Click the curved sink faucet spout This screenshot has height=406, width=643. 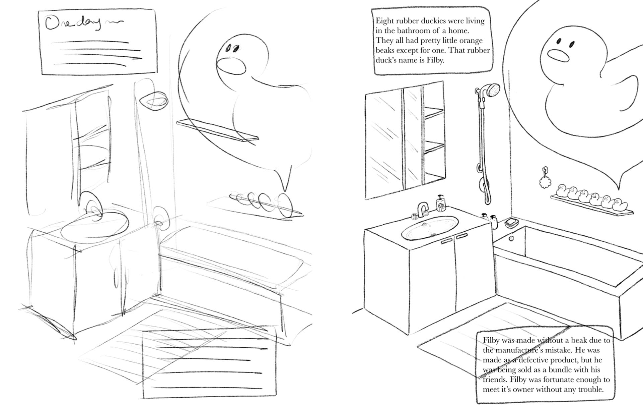click(423, 207)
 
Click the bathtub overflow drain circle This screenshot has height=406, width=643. click(511, 239)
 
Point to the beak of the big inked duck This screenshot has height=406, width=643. click(558, 55)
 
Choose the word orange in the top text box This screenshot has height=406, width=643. click(471, 41)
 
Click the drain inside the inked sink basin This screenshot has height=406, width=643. click(433, 235)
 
